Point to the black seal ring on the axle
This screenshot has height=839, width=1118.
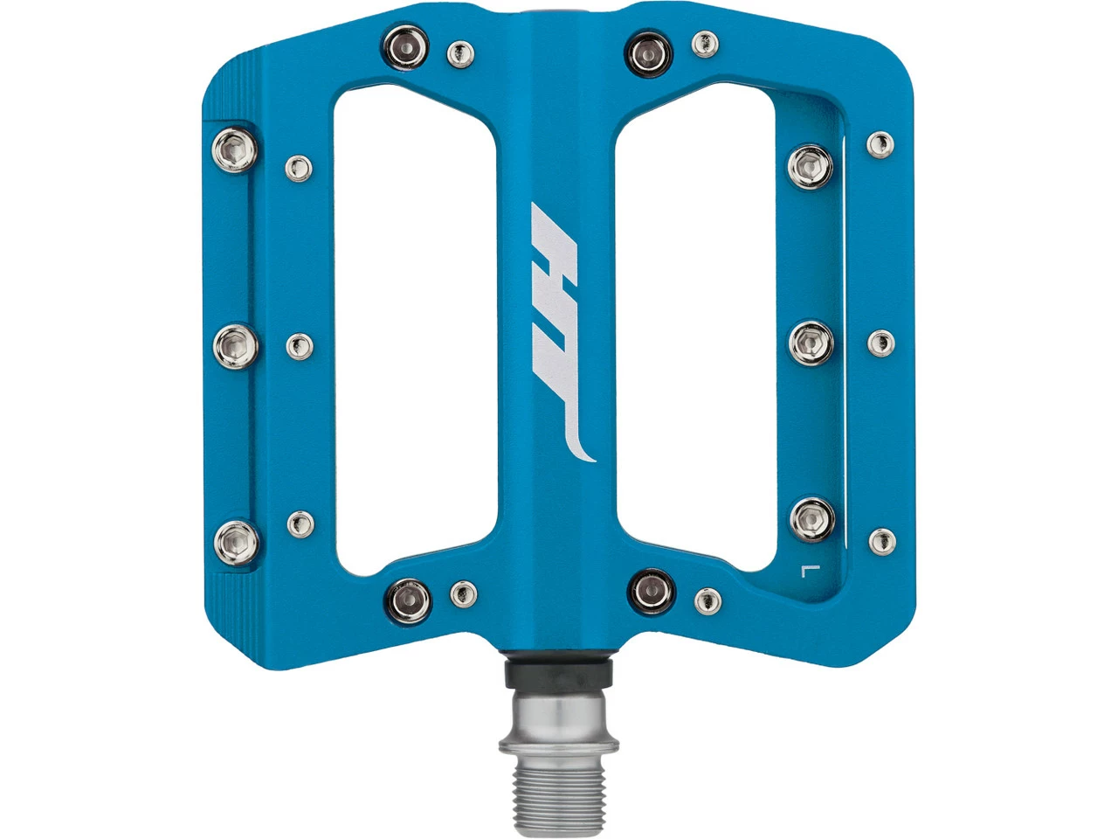pyautogui.click(x=559, y=674)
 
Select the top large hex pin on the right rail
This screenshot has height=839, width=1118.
pyautogui.click(x=811, y=166)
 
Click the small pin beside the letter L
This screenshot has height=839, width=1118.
pyautogui.click(x=881, y=541)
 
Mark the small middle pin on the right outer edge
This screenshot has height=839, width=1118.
pyautogui.click(x=881, y=343)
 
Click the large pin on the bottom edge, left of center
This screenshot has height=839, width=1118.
pyautogui.click(x=408, y=598)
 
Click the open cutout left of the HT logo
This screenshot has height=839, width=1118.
pyautogui.click(x=416, y=332)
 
